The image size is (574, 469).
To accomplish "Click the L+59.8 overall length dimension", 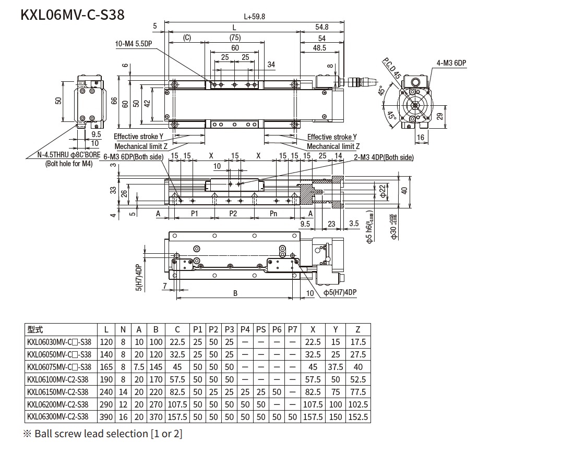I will (x=254, y=16).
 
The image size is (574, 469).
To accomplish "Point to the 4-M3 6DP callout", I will (x=451, y=63).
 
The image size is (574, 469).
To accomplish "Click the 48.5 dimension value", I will (x=319, y=48).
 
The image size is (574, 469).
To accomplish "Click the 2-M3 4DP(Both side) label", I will (x=383, y=157).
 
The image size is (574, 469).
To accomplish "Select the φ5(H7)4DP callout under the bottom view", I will (x=340, y=293).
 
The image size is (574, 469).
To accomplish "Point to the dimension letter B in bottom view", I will (x=235, y=293).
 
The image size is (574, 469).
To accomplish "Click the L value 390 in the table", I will (x=106, y=417).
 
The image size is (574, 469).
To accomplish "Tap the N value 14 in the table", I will (x=123, y=392).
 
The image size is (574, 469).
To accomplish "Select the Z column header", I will (x=357, y=329).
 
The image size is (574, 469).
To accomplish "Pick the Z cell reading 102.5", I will (x=357, y=404).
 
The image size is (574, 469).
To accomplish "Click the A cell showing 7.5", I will (x=139, y=367).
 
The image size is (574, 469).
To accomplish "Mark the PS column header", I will (x=261, y=329).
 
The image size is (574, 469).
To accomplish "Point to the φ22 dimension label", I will (x=382, y=191).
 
